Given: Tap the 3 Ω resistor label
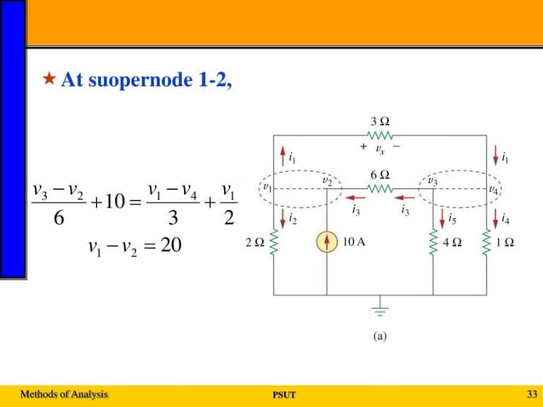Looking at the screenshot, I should coord(380,122).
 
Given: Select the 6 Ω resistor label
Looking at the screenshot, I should coord(380,174).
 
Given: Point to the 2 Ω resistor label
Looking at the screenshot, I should coord(253,243).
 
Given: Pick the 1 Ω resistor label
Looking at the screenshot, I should coord(505,243).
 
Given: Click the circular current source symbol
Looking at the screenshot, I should coord(327,243).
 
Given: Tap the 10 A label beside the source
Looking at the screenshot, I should coord(354,242).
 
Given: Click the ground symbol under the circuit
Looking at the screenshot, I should coord(380,308).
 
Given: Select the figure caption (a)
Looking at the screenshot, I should coord(380,336).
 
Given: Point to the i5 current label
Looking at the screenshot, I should coord(452,219).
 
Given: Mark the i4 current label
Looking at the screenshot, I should coord(506,219).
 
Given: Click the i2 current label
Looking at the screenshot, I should coord(292,220).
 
